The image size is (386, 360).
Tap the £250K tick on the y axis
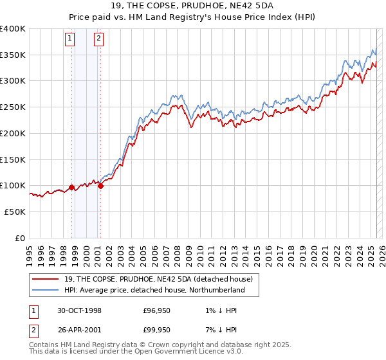coord(13,107)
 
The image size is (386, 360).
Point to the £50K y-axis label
coord(15,212)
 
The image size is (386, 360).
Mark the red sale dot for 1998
coord(71,188)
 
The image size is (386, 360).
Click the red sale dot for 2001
coord(100,186)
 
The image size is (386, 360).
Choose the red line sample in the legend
coord(46,279)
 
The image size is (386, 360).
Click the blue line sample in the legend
coord(46,290)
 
